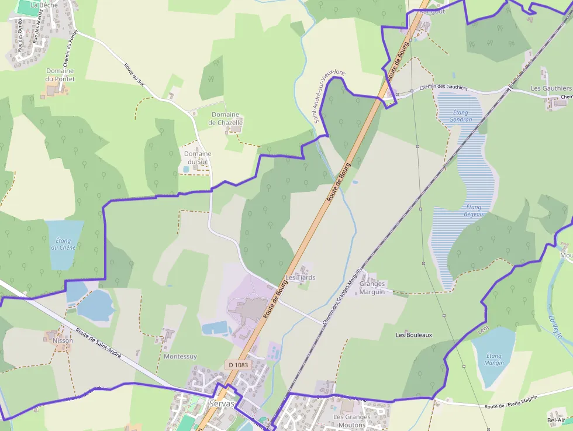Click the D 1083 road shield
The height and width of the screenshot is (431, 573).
(239, 365)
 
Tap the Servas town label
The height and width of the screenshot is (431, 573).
(222, 404)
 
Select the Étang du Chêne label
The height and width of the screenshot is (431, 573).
(63, 244)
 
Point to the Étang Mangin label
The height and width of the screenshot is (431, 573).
(494, 359)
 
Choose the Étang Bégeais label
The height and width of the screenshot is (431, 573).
(474, 211)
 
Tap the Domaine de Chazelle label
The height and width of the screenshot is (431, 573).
(225, 119)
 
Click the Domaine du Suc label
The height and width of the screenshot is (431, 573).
(198, 157)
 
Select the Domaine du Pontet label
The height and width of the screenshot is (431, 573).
(60, 75)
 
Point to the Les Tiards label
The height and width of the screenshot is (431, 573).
(300, 277)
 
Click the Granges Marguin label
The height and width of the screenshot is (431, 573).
(372, 288)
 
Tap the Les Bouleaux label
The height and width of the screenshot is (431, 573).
(414, 335)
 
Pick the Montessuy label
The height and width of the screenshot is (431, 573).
(181, 356)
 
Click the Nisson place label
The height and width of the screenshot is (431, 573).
(63, 340)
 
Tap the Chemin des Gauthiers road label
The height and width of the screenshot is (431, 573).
(444, 87)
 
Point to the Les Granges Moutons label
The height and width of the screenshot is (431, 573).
(352, 421)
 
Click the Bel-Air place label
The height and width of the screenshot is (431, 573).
(556, 420)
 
